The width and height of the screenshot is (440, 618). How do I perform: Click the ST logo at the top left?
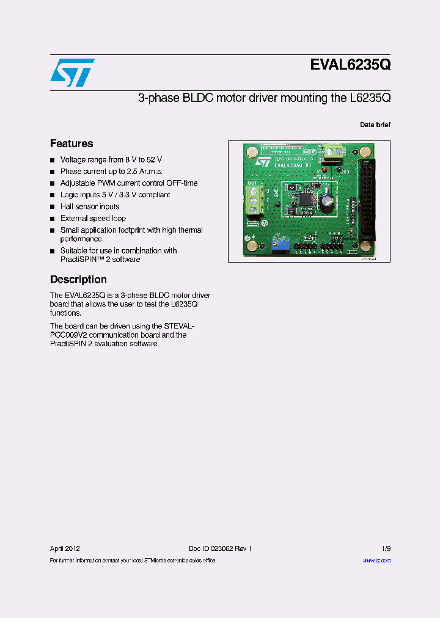point(72,72)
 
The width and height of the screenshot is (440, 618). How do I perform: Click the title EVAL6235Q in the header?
point(350,65)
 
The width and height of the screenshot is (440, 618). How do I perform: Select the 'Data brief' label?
point(375,125)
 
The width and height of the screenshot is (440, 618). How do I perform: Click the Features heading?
point(71,144)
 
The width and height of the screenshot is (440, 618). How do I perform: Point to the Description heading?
point(78,279)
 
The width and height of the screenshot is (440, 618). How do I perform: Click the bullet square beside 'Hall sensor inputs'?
point(53,207)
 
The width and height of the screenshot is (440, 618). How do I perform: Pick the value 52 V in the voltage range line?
point(155,160)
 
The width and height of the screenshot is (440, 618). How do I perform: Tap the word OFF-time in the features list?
point(182,183)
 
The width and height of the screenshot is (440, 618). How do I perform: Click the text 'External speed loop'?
point(93,219)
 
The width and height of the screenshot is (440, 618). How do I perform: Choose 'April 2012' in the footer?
point(65,548)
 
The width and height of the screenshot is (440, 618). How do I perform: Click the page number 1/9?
point(385,548)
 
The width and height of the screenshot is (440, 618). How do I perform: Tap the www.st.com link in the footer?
point(376,561)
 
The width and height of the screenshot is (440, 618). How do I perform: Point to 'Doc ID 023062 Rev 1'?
point(220,548)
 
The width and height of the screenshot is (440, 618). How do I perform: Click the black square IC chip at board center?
point(304,199)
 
